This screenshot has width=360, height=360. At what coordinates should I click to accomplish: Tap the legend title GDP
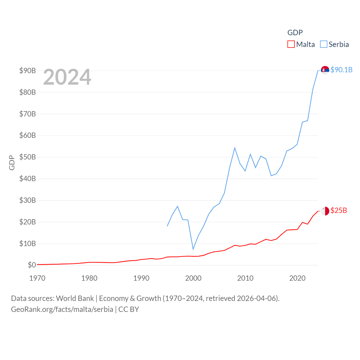[295, 33]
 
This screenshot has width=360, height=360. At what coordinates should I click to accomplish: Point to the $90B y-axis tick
[28, 71]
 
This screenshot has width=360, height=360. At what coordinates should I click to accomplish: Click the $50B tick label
[28, 157]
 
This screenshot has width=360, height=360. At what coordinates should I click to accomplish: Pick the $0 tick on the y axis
[32, 265]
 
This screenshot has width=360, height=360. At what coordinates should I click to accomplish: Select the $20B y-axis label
[28, 222]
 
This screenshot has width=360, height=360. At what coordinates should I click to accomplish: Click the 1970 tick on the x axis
[37, 278]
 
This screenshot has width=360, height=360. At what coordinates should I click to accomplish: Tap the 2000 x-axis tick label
[193, 278]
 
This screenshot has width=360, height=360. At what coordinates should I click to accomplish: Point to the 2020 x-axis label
[297, 278]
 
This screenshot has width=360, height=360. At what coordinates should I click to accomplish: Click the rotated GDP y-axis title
[12, 163]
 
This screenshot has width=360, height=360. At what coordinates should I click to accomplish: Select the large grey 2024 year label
[67, 77]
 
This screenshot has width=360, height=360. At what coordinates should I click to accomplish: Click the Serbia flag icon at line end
[325, 70]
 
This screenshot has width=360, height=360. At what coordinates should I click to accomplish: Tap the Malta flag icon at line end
[325, 211]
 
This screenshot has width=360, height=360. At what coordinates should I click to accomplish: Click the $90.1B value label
[341, 70]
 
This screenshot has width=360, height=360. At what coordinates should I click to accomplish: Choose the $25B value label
[339, 210]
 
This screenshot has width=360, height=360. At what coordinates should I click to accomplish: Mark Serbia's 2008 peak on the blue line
[235, 148]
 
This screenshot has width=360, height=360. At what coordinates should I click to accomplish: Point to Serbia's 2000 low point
[193, 249]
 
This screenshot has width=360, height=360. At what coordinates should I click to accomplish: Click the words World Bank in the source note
[75, 298]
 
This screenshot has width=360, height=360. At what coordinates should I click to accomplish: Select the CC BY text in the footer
[129, 309]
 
